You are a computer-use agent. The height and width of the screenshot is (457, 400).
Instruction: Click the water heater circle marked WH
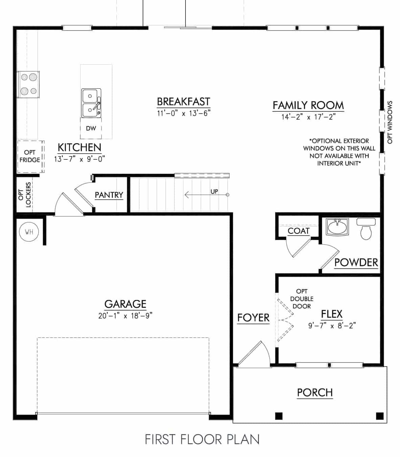coord(29,232)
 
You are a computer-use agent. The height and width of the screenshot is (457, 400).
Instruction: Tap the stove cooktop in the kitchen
coord(28,84)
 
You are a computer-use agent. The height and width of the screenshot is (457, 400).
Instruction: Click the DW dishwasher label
coord(91,128)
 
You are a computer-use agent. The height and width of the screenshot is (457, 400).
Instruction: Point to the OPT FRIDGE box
coord(30,156)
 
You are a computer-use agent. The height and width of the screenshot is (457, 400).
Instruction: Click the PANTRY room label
coord(109,195)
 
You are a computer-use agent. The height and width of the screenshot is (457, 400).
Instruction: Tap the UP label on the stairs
coord(214,191)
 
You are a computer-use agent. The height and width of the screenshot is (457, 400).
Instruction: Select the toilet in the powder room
coord(366,230)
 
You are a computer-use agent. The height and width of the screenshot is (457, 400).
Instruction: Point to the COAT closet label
coord(298,231)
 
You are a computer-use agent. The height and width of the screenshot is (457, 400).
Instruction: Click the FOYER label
coord(253,318)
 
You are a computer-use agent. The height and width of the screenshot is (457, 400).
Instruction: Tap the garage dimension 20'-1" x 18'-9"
coord(125,316)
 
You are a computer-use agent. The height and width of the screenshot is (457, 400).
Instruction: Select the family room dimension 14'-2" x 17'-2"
coord(308,117)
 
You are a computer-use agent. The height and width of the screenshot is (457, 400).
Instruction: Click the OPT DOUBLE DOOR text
coord(302,299)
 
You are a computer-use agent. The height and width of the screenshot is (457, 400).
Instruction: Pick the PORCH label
coord(315,392)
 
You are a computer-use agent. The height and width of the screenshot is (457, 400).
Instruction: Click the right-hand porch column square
coord(380,415)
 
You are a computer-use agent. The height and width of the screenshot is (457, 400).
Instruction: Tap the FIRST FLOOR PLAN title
coord(202,439)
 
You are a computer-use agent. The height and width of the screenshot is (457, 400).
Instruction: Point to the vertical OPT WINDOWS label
coord(390,122)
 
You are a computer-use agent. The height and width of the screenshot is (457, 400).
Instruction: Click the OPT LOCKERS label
coord(25,195)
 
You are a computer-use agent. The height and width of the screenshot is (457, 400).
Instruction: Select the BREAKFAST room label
coord(183,102)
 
